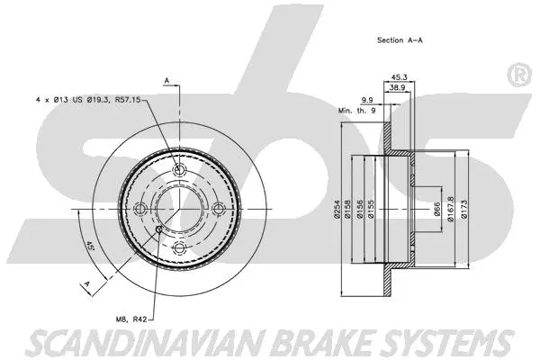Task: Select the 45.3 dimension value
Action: (401, 76)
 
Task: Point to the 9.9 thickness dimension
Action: (368, 101)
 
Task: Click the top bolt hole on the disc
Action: (178, 171)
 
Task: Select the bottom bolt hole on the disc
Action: (178, 247)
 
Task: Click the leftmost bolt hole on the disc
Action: (139, 209)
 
